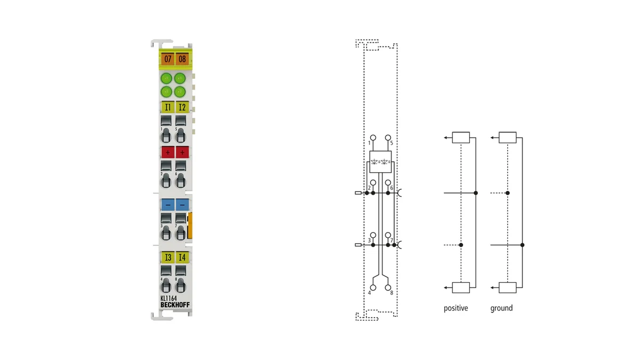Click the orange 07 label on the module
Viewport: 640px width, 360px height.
tap(167, 59)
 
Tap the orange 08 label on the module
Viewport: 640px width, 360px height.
tap(182, 59)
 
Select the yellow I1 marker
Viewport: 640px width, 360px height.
tap(167, 107)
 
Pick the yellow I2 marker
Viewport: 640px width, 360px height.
tap(182, 107)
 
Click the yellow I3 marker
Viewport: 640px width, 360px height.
tap(167, 258)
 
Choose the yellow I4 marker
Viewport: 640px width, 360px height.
tap(182, 258)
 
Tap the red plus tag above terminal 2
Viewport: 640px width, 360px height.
tap(167, 153)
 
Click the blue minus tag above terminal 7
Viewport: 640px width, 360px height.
tap(182, 205)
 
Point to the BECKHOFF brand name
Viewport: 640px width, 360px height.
tap(175, 305)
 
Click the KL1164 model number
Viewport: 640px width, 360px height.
tap(169, 298)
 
